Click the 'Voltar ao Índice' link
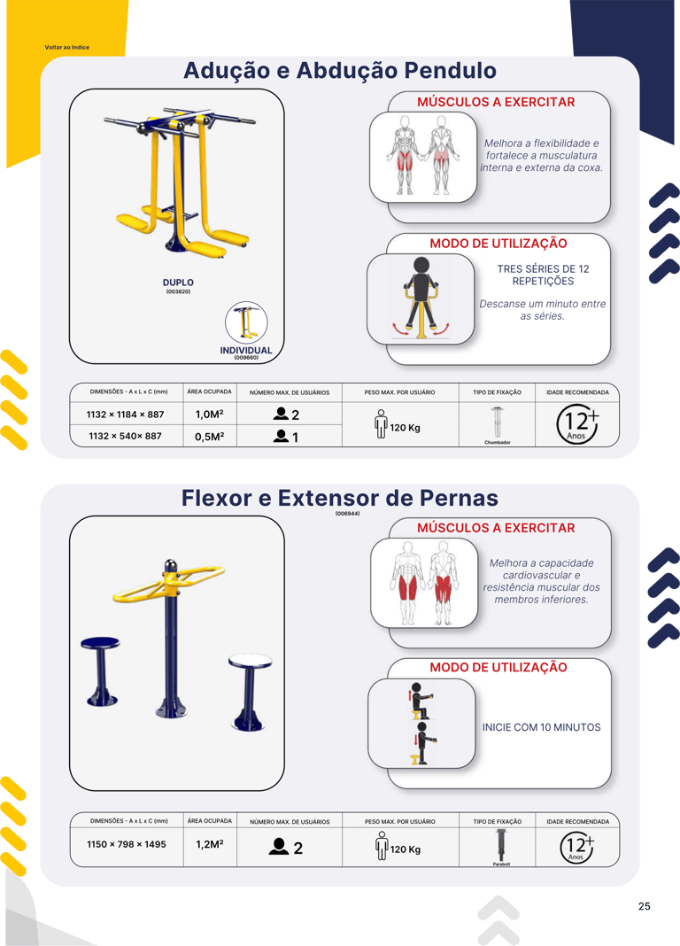67,47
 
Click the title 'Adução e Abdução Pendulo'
340,71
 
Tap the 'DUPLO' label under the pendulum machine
178,283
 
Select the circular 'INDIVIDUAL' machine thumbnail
246,322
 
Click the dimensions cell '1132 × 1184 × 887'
126,415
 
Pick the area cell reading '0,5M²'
209,437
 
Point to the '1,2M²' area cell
209,844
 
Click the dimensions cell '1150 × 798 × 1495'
127,844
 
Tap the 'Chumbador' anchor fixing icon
497,423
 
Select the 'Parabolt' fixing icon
500,845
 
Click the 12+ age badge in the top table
577,423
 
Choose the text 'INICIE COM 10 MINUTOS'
541,727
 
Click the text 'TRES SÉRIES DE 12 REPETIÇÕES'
543,275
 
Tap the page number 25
645,906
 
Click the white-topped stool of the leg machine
250,692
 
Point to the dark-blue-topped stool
101,671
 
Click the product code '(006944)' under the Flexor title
348,514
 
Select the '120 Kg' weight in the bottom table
406,849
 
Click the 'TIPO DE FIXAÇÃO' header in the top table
498,392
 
